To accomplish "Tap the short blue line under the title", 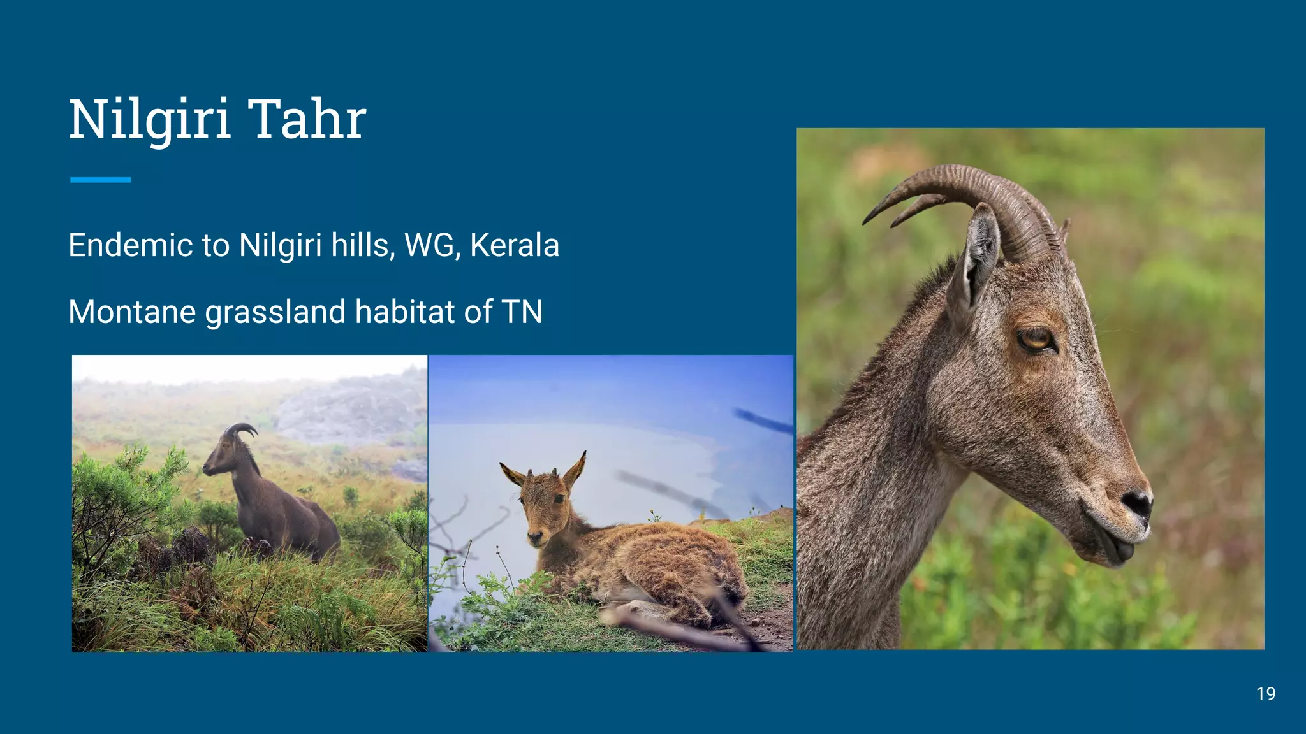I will pos(101,180).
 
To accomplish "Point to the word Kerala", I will pos(515,245).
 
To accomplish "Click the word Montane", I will pos(132,312).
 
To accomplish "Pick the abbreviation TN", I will pos(522,312).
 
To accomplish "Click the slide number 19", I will pos(1266,694).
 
